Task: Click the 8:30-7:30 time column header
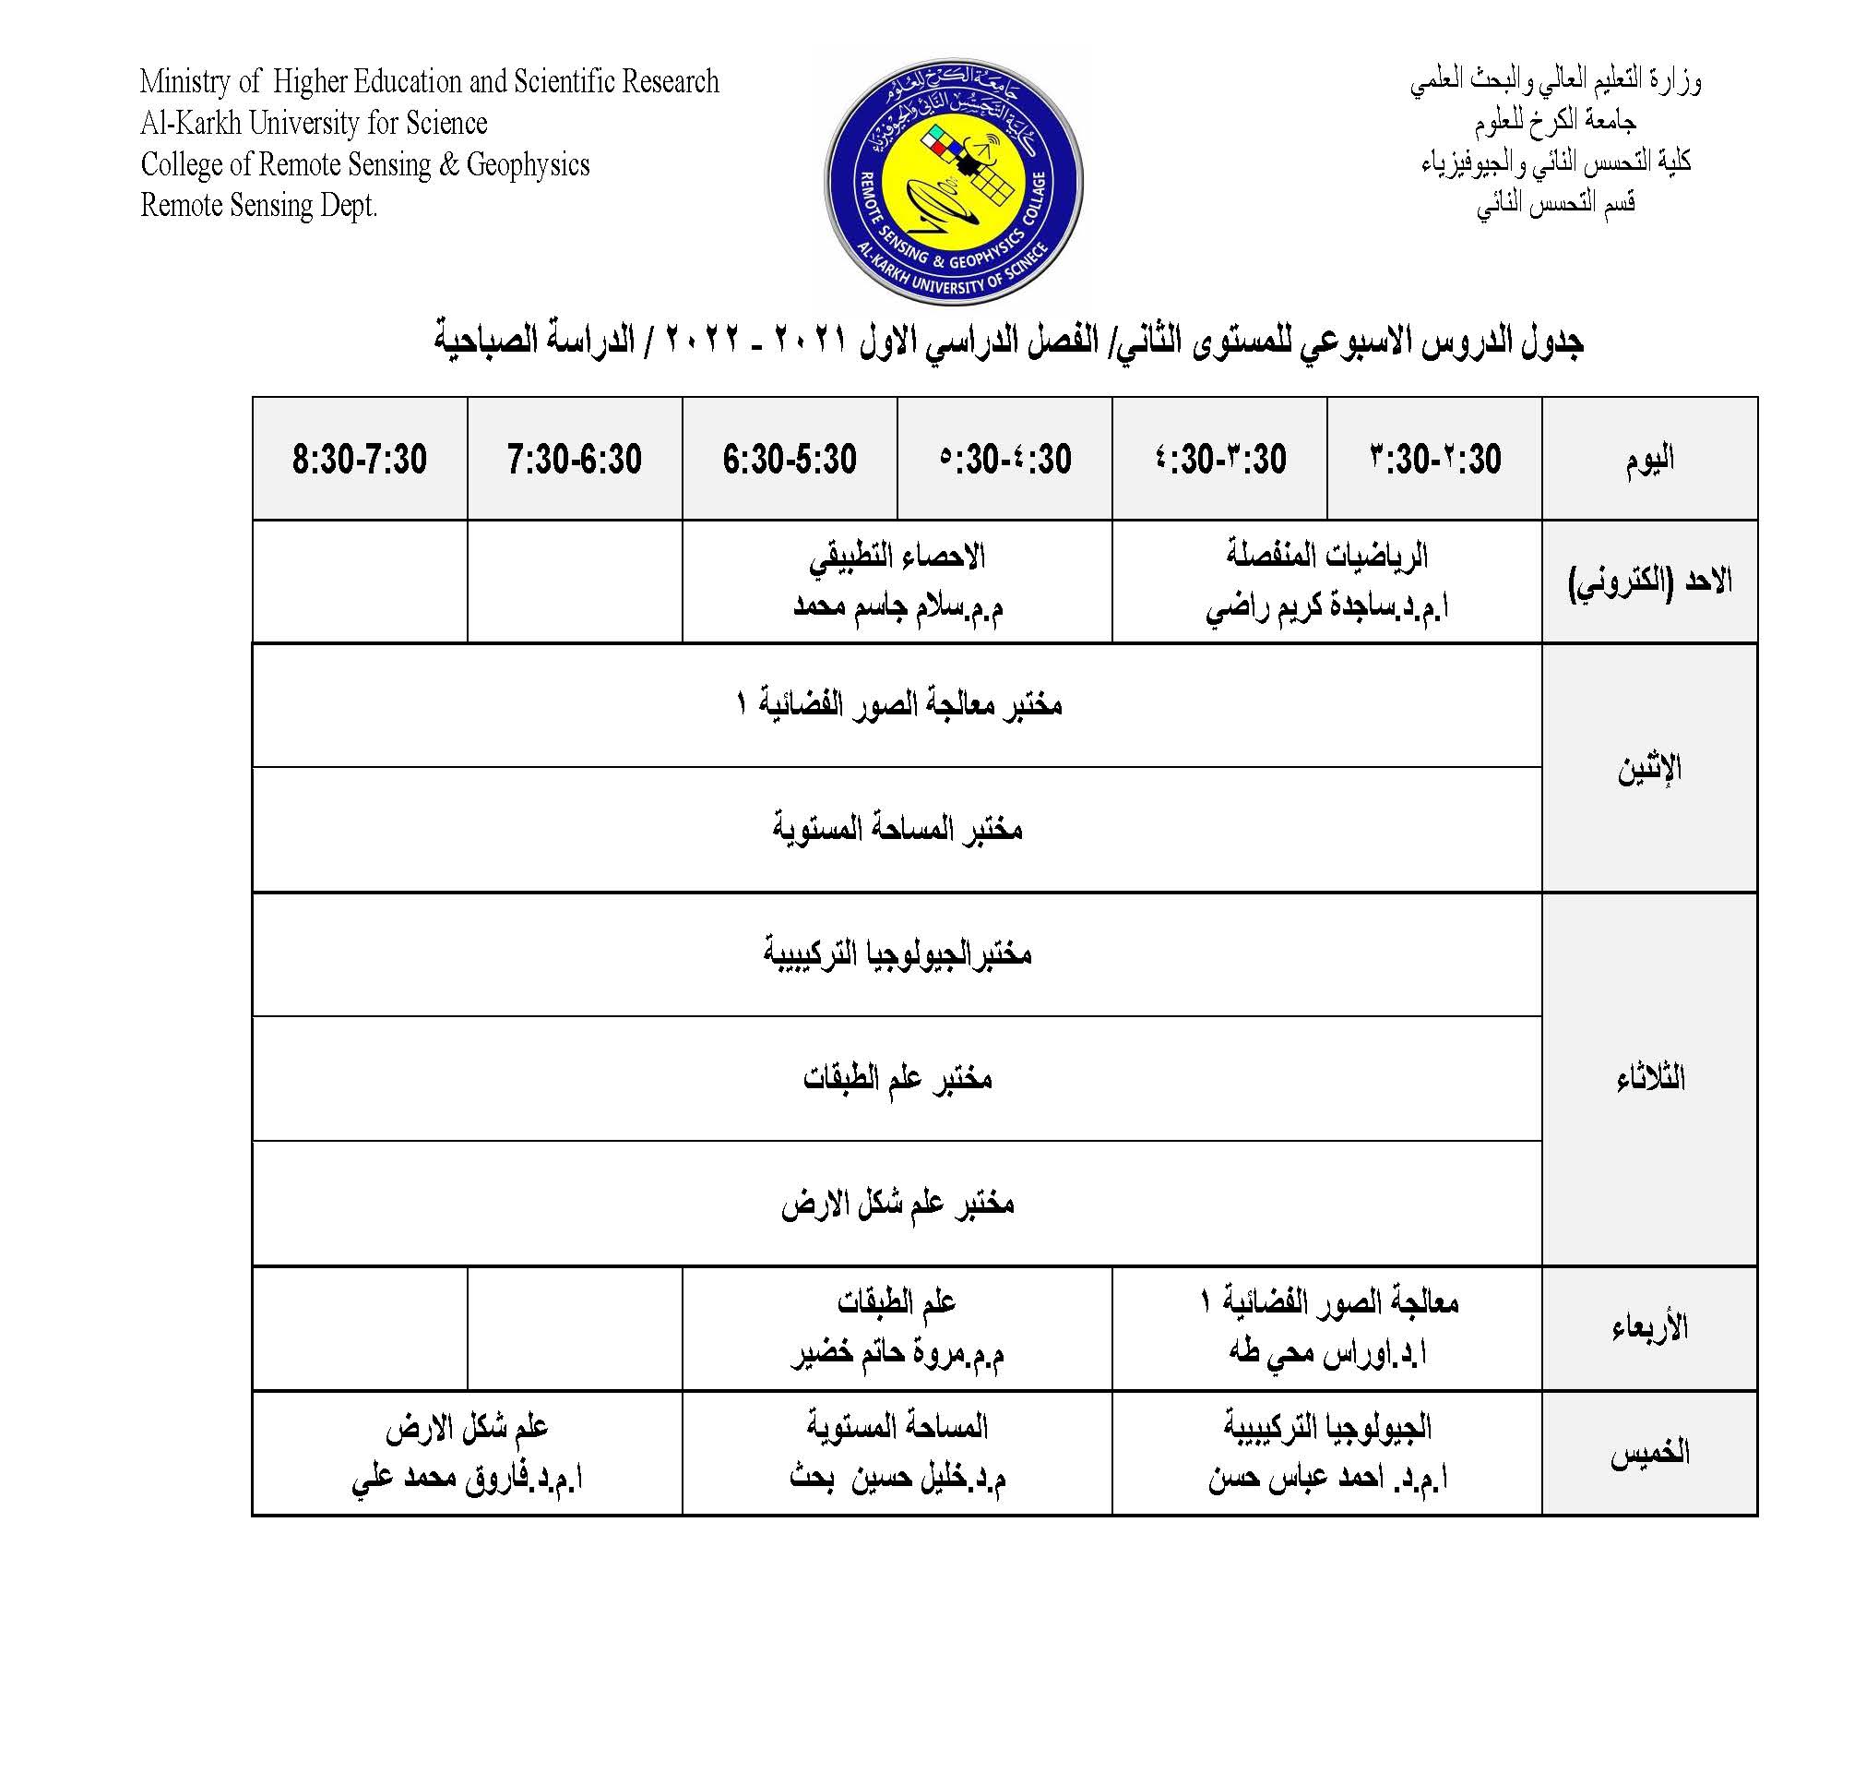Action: (359, 459)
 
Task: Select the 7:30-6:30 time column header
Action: (574, 459)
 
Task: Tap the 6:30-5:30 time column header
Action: (789, 459)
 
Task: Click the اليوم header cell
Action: (1649, 459)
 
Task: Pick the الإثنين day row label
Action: (1649, 768)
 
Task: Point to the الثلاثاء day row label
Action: (1649, 1079)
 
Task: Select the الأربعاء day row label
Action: (1649, 1327)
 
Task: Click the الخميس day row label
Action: (1649, 1453)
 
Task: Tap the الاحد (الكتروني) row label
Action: (1649, 581)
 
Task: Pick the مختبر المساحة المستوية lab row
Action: (897, 829)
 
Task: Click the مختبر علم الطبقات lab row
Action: (897, 1078)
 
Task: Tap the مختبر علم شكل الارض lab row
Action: (897, 1204)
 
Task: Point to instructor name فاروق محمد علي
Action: (466, 1478)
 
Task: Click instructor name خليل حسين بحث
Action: (897, 1478)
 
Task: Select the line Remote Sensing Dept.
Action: (259, 206)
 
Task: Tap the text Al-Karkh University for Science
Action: (313, 123)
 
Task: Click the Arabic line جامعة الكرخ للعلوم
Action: (1555, 122)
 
